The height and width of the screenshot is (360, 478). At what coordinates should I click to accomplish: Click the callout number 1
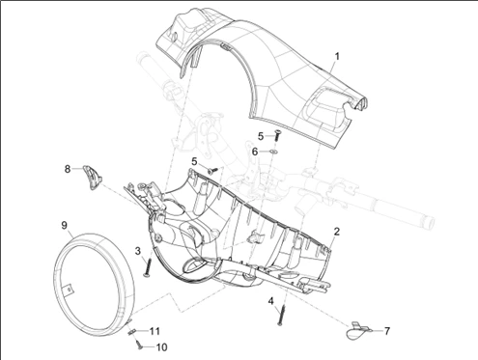point(337,57)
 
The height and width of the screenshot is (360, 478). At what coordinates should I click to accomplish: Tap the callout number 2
point(337,232)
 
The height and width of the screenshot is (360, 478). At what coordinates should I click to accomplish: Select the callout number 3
point(138,251)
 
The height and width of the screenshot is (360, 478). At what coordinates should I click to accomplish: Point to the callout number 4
point(270,301)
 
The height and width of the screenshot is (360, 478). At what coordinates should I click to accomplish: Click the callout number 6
point(255,152)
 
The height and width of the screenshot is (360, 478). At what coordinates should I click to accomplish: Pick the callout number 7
point(386,331)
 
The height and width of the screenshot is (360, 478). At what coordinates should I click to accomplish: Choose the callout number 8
point(68,169)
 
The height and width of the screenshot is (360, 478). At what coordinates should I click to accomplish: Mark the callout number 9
point(65,225)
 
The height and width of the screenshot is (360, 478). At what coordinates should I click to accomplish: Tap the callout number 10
point(161,347)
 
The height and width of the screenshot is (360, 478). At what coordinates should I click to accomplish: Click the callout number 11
point(155,331)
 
